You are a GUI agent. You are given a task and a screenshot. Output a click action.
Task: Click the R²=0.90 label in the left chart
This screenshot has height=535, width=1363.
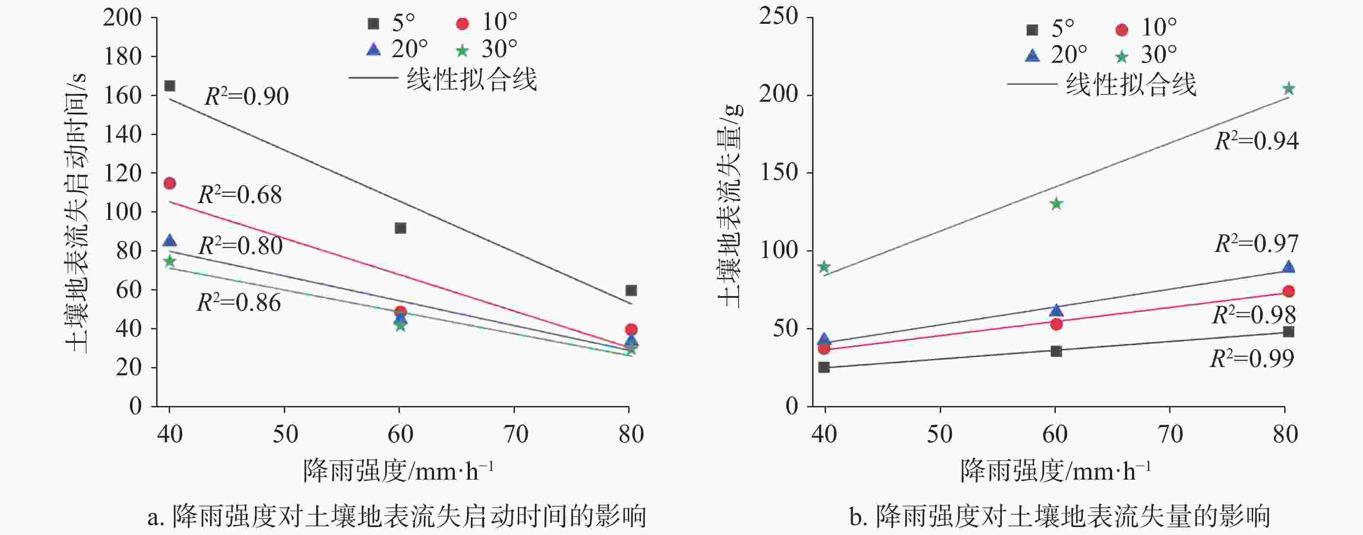pos(247,97)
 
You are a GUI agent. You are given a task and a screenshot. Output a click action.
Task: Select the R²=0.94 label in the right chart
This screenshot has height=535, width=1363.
pos(1256,141)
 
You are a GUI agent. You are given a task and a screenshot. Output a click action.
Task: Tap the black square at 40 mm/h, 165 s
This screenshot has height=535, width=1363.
pos(170,86)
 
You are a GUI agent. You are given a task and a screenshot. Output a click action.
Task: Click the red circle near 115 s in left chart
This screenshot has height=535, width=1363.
pos(170,183)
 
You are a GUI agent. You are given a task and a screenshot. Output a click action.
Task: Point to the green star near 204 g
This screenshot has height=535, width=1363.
pos(1289,89)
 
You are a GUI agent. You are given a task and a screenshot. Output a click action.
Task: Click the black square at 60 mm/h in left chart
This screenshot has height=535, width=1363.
pos(401,228)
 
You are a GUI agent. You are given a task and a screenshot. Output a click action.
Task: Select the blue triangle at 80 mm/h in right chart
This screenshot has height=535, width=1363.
pos(1289,267)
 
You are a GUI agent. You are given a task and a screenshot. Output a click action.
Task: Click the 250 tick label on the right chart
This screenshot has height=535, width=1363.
pos(778,16)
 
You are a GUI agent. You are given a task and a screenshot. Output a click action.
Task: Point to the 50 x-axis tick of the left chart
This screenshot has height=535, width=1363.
pos(285,434)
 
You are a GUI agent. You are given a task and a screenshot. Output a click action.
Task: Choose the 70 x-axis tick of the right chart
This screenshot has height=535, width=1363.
pos(1170,434)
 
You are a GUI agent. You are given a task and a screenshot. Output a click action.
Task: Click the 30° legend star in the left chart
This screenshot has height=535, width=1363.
pos(463,51)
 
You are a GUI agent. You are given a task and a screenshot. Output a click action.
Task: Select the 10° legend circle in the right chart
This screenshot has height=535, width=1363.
pos(1122,29)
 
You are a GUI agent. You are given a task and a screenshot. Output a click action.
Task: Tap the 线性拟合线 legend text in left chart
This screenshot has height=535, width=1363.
pos(472,79)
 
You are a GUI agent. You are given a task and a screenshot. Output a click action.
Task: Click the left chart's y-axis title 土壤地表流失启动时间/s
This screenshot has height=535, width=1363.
pos(77,212)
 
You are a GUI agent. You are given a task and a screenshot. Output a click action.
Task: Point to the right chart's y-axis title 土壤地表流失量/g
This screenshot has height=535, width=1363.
pos(731,206)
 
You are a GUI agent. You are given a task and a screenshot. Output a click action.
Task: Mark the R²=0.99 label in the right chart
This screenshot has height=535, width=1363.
pos(1252,359)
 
